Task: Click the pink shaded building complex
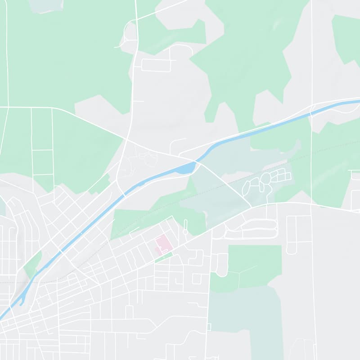coord(163,244)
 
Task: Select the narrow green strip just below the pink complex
coord(164,258)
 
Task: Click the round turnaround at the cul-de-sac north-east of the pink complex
coord(185,231)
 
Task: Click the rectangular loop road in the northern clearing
coord(156,66)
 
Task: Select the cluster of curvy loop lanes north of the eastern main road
coord(263,182)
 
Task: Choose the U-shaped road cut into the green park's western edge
coord(221,265)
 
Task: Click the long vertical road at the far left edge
coord(7,54)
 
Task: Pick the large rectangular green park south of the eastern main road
coord(255,265)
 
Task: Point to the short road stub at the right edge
coord(355,171)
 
